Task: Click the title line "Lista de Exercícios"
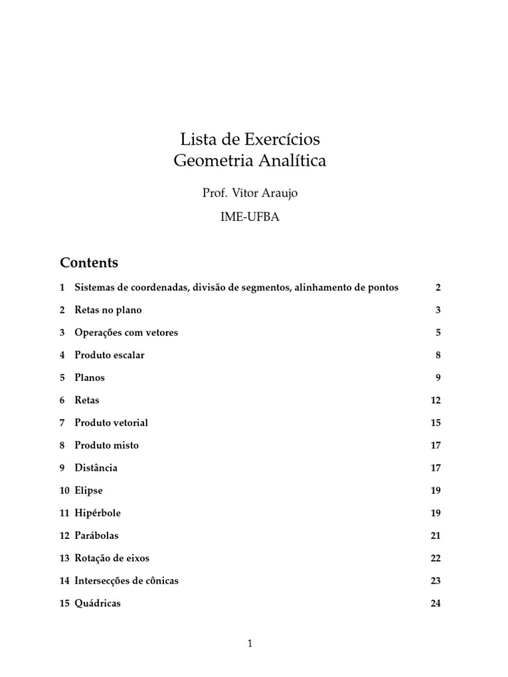pos(250,139)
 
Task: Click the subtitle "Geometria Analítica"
pos(250,161)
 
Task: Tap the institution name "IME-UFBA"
pos(250,218)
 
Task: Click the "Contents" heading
pos(89,262)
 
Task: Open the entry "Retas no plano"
pos(108,310)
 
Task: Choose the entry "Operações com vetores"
pos(126,333)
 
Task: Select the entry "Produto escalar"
pos(109,355)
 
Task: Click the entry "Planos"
pos(89,378)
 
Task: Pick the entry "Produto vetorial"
pos(111,422)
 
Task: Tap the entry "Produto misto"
pos(106,445)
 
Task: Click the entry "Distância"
pos(96,467)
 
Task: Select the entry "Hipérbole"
pos(98,512)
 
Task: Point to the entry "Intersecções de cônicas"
pos(126,580)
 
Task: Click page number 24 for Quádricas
pos(435,603)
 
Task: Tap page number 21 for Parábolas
pos(435,536)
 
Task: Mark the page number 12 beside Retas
pos(435,400)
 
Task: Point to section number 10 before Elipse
pos(64,491)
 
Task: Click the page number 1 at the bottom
pos(250,643)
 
